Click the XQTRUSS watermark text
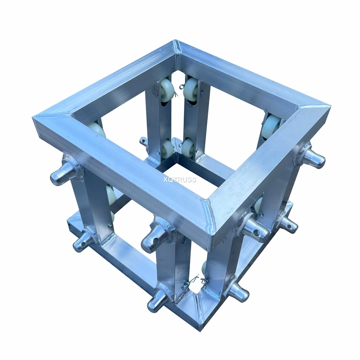[x=180, y=180]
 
